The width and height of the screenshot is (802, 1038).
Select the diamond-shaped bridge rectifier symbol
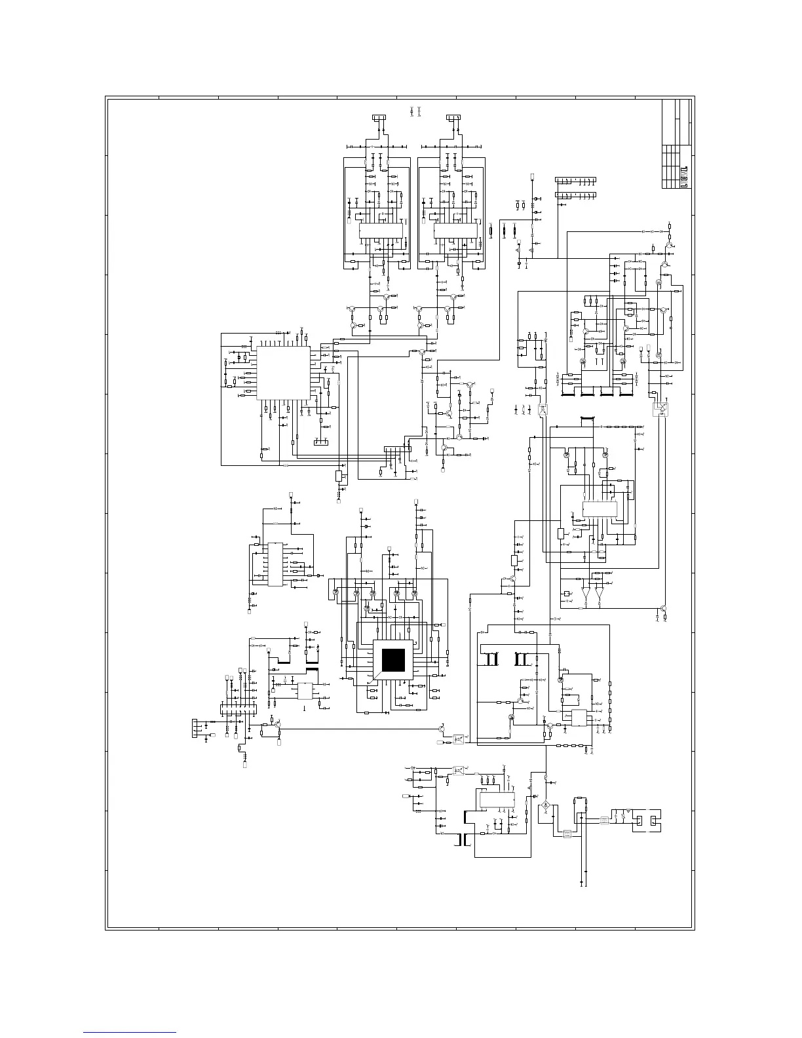[x=545, y=805]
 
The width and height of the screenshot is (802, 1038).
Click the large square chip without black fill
[x=283, y=374]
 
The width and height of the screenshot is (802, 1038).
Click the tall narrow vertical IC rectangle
[x=275, y=564]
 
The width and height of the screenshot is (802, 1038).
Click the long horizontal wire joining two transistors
[x=357, y=729]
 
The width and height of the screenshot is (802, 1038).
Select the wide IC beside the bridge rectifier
[x=497, y=800]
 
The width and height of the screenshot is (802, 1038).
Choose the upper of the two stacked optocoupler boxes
[x=459, y=737]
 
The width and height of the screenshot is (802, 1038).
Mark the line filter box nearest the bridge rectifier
[x=567, y=834]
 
